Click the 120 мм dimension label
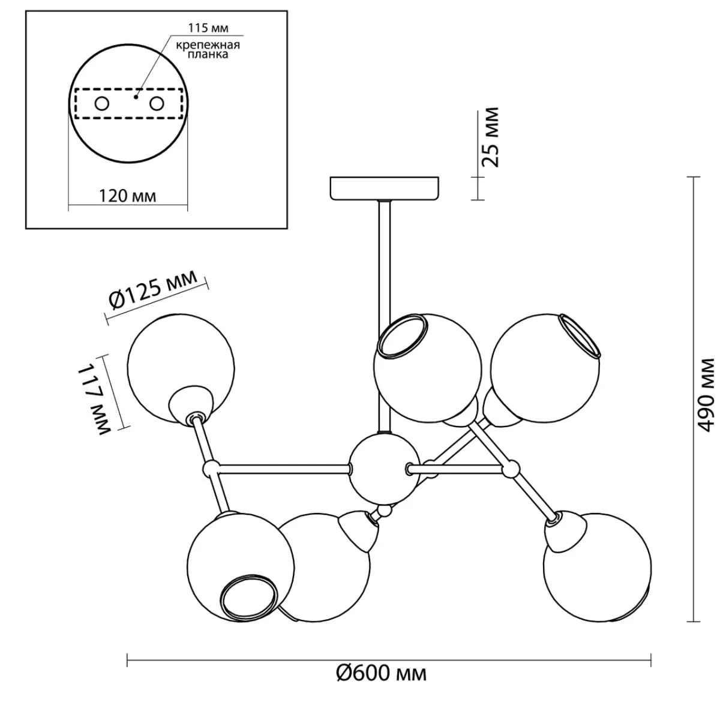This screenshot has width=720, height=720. (127, 196)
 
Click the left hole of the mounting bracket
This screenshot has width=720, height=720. (101, 104)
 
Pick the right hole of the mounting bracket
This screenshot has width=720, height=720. (157, 104)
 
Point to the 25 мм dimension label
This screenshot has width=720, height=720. (491, 137)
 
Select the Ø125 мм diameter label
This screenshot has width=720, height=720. (155, 291)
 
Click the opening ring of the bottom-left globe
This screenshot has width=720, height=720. (249, 601)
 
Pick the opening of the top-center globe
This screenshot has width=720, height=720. (402, 336)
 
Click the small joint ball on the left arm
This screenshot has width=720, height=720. (211, 467)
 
